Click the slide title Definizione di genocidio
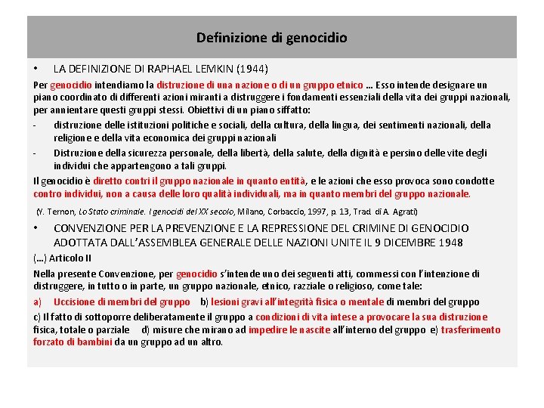(272, 37)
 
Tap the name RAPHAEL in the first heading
(165, 69)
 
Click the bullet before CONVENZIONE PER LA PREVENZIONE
(37, 228)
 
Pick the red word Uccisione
(74, 301)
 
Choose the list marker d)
(146, 329)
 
